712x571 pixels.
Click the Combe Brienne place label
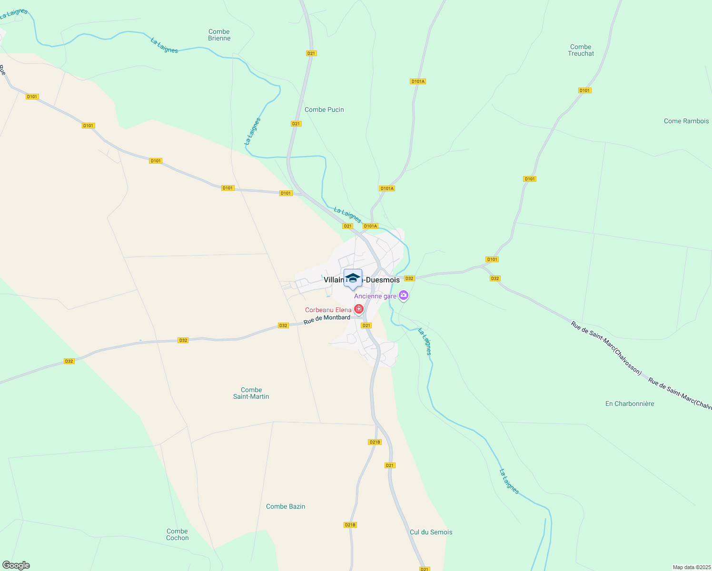[x=219, y=35]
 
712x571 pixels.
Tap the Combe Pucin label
[x=324, y=109]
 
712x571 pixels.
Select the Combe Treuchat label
[x=581, y=50]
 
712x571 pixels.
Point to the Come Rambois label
[x=686, y=121]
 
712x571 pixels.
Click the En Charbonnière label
[x=630, y=404]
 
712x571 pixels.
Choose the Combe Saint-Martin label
[x=251, y=393]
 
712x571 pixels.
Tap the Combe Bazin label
[x=286, y=506]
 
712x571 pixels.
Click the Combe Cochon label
[x=178, y=534]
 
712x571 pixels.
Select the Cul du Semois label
[x=431, y=532]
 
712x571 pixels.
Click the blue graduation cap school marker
[x=353, y=278]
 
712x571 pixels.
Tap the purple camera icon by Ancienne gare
[x=404, y=295]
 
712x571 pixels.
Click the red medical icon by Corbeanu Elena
[x=359, y=309]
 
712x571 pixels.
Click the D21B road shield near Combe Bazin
[x=350, y=525]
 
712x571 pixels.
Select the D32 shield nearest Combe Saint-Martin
[x=183, y=340]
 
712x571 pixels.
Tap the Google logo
[x=16, y=565]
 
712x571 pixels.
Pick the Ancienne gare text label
[x=375, y=296]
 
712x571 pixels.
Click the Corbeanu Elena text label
[x=328, y=310]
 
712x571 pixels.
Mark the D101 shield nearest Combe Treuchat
[x=584, y=90]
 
